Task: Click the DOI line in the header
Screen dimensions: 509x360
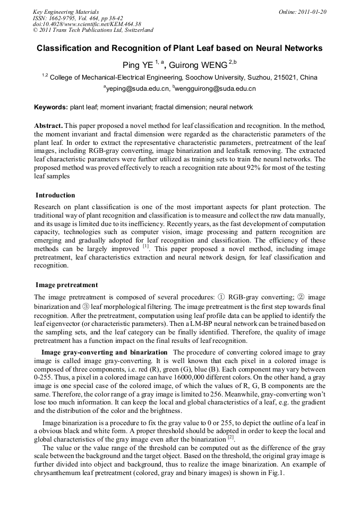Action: pyautogui.click(x=87, y=24)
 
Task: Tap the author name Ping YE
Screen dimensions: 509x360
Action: pyautogui.click(x=138, y=65)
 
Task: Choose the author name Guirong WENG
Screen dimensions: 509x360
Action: pyautogui.click(x=198, y=65)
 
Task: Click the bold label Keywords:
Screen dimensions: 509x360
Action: pyautogui.click(x=51, y=107)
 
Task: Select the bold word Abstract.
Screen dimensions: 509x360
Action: pyautogui.click(x=49, y=125)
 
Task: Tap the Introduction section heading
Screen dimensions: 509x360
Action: pyautogui.click(x=55, y=195)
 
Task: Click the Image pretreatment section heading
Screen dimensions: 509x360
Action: pyautogui.click(x=66, y=285)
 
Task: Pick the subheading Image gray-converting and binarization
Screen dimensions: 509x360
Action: pyautogui.click(x=104, y=352)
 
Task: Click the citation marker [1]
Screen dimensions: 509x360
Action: pyautogui.click(x=145, y=246)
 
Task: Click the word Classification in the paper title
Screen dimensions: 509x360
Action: pyautogui.click(x=65, y=48)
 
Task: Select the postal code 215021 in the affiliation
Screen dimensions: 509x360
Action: pyautogui.click(x=285, y=77)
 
